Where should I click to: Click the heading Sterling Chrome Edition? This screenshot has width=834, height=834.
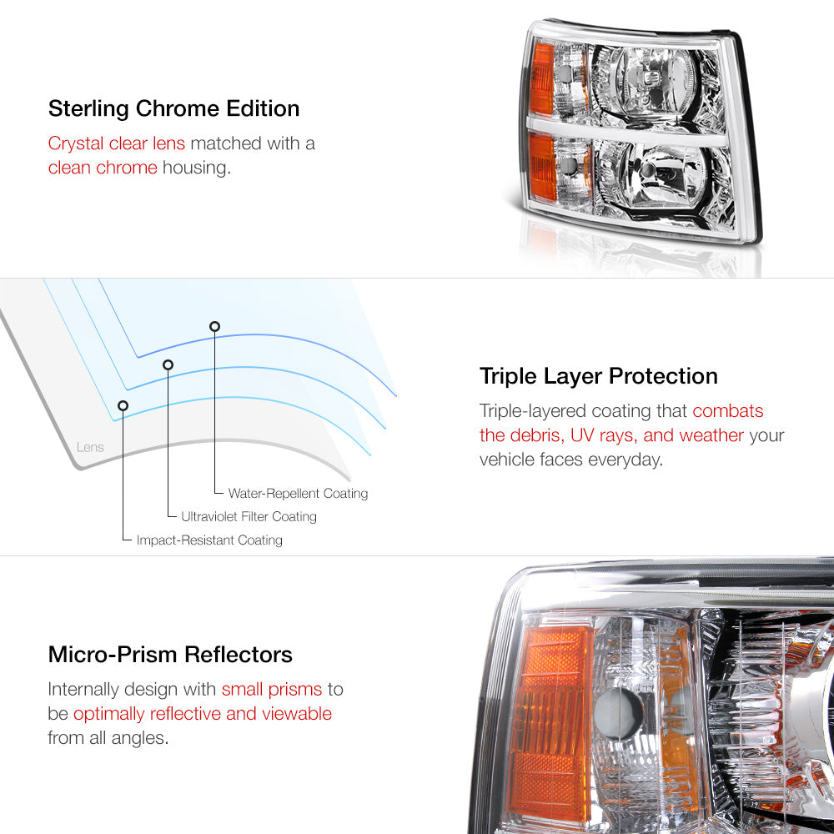click(x=174, y=108)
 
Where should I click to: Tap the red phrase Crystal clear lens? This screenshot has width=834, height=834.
click(x=117, y=143)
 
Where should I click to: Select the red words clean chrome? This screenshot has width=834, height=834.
click(x=103, y=168)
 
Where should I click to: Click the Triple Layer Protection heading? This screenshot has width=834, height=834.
click(x=598, y=376)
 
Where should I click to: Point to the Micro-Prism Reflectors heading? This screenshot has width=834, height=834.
click(x=170, y=654)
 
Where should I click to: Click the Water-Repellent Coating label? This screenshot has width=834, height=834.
click(x=298, y=494)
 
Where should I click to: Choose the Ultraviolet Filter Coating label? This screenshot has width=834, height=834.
click(x=249, y=516)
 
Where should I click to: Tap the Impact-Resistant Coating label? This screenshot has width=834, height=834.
click(x=209, y=540)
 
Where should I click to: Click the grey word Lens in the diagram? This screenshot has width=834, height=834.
click(x=90, y=447)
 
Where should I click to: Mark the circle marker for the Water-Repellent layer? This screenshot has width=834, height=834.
click(x=214, y=327)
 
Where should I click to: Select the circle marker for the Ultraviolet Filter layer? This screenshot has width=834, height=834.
click(x=168, y=365)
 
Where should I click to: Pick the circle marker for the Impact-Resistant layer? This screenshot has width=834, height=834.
click(x=123, y=406)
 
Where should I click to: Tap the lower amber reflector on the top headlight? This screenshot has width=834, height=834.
click(x=543, y=167)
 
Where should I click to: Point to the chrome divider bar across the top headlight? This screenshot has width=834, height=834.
click(x=626, y=133)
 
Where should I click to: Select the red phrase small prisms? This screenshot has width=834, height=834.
click(x=272, y=690)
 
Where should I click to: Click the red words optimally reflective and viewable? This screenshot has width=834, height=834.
click(x=203, y=714)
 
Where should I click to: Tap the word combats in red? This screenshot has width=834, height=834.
click(x=727, y=411)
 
